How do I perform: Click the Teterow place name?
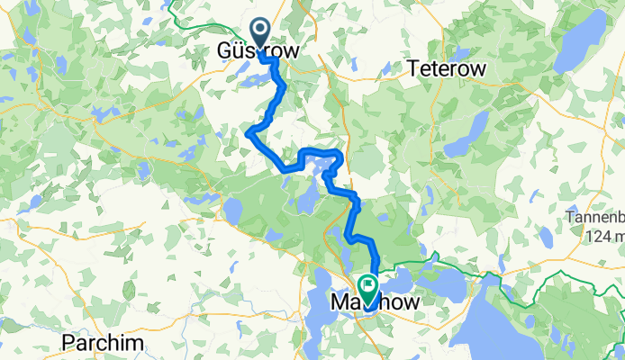point(447,69)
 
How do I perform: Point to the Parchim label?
point(98,343)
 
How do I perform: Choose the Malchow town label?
point(376,304)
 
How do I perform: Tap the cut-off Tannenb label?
point(594,218)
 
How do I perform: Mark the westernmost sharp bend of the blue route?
point(248,134)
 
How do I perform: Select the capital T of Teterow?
point(413,69)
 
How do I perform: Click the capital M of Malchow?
point(340,304)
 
